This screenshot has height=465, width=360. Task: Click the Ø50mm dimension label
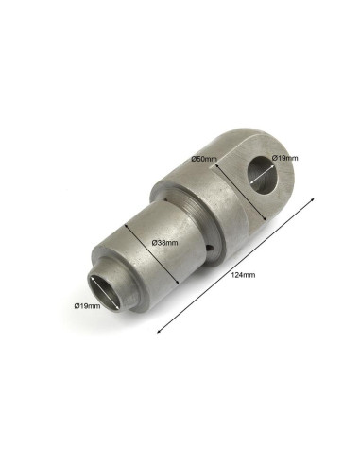coord(204,159)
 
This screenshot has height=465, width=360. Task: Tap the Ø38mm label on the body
coord(164,243)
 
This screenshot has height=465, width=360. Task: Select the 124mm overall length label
coord(243,275)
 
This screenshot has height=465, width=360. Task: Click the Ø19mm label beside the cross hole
coord(284,158)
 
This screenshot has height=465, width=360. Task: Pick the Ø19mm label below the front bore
coord(88,305)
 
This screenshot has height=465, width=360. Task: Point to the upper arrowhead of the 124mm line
coord(313,199)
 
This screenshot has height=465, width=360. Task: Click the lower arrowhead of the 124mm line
coord(159,331)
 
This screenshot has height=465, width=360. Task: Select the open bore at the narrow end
coord(105,293)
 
